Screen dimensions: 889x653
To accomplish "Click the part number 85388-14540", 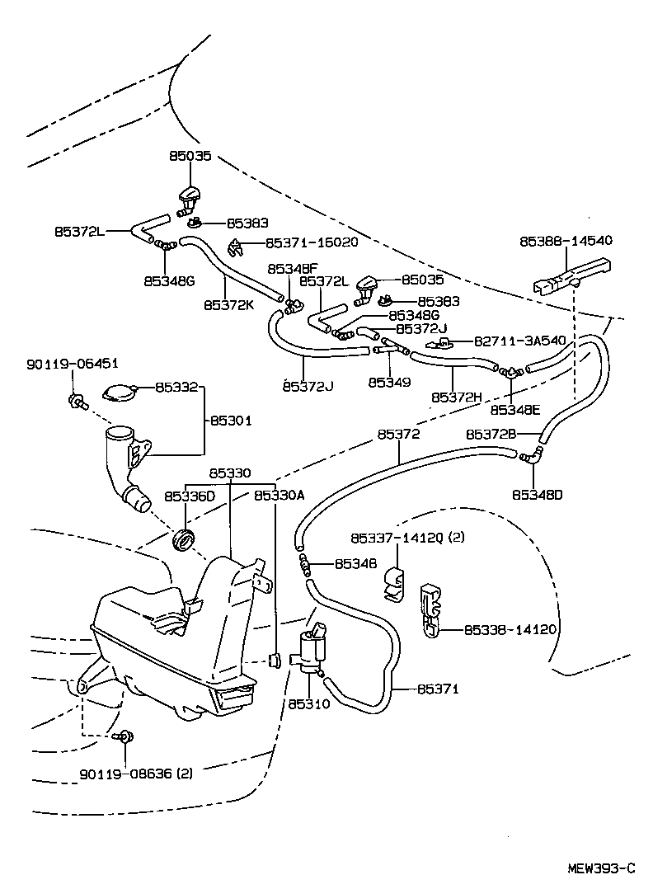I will click(x=566, y=242).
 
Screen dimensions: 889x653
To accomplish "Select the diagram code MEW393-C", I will click(x=601, y=868).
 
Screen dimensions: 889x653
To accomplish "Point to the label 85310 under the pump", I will click(x=309, y=704).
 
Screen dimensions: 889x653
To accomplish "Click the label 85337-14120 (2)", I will click(x=408, y=537).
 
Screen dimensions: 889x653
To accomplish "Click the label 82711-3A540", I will click(x=519, y=341).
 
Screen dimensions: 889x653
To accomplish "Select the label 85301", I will click(x=230, y=421).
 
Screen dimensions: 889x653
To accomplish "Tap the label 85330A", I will click(x=279, y=495).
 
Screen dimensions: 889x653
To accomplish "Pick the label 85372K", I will click(x=227, y=305).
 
